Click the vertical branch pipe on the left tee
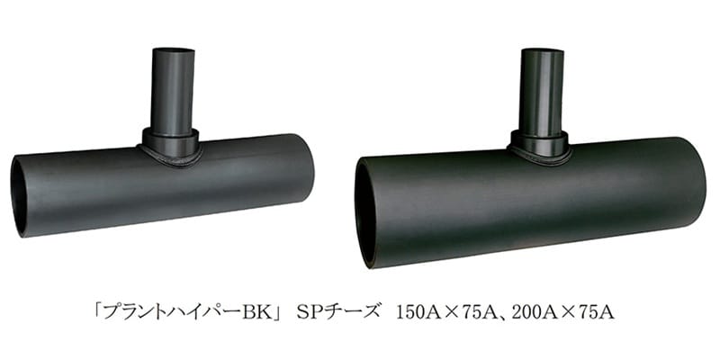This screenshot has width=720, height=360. coord(173,89)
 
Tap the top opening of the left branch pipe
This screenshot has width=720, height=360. coord(173,50)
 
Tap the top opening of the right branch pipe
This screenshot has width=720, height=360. coord(543,50)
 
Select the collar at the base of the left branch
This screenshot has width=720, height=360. coord(170,143)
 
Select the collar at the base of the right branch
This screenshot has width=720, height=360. coord(539,144)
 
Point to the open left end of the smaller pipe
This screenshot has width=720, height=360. coord(19,196)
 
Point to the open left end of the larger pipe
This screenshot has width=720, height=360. coord(366,212)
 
